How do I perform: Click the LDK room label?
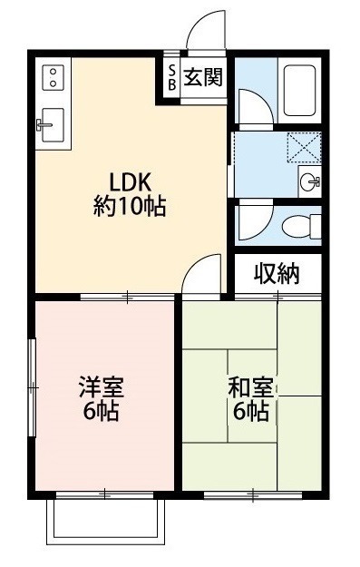(129, 178)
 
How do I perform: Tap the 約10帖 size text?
(129, 206)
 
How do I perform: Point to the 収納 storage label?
(276, 273)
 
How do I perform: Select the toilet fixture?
(296, 223)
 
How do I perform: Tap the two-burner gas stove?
(51, 76)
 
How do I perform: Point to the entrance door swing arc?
(206, 30)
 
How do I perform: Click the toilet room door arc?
(251, 221)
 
